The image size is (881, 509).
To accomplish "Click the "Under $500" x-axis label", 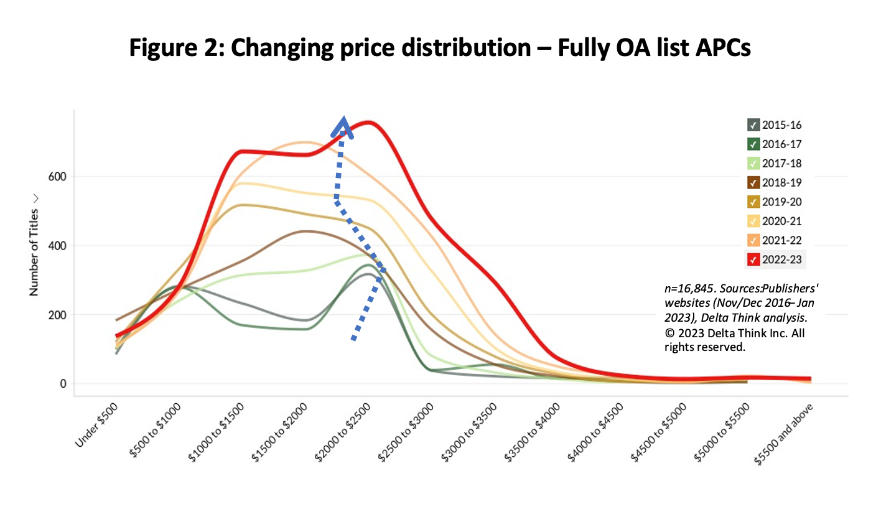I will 96,425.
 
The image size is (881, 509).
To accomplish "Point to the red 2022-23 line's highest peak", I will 368,122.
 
